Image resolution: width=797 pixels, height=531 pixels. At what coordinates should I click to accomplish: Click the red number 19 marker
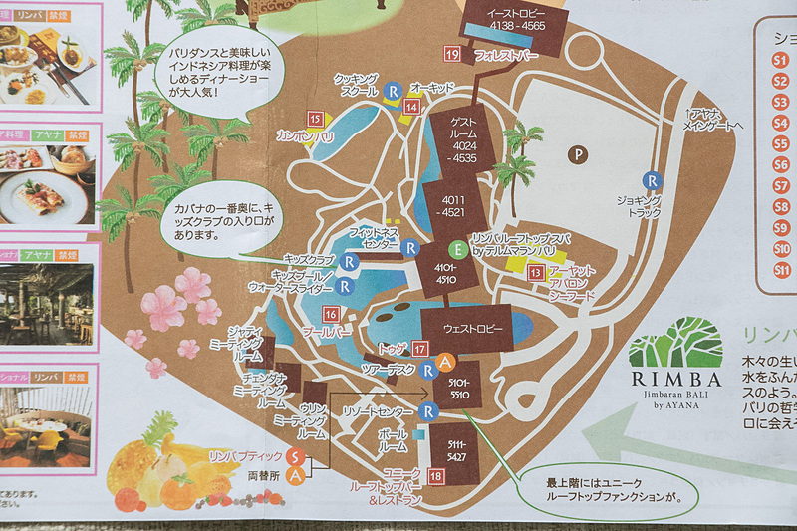click(x=452, y=54)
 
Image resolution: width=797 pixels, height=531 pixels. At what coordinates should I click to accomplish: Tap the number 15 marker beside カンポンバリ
click(x=316, y=119)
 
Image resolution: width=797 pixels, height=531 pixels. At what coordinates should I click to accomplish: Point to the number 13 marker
click(x=536, y=272)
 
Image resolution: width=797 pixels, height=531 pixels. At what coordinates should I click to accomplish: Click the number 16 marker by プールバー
click(x=330, y=314)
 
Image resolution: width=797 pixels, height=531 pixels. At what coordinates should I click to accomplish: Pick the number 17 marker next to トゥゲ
click(x=421, y=349)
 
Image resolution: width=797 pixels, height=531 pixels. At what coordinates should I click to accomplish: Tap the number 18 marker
click(x=437, y=475)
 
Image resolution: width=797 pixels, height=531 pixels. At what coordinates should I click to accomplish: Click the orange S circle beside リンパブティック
click(x=295, y=456)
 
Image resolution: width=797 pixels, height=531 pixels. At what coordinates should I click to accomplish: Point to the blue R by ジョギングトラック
click(x=652, y=180)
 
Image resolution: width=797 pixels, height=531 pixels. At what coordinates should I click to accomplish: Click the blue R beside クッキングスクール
click(x=393, y=90)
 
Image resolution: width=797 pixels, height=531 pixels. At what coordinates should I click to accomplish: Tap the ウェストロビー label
click(x=461, y=328)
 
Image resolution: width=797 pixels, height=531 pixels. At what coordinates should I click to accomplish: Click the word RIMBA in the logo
click(x=677, y=379)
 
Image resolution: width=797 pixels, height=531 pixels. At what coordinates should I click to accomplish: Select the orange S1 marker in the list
click(x=781, y=59)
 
